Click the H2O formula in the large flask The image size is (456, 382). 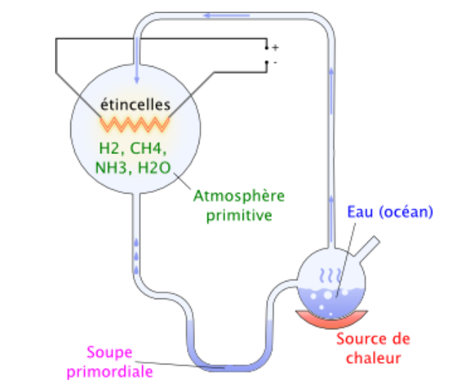154,168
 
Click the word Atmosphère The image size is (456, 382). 238,196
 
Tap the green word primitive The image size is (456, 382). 238,216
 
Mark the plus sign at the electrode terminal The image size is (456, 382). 276,47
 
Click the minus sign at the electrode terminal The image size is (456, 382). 275,63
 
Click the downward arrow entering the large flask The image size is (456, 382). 136,70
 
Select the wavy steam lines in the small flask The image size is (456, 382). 327,277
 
